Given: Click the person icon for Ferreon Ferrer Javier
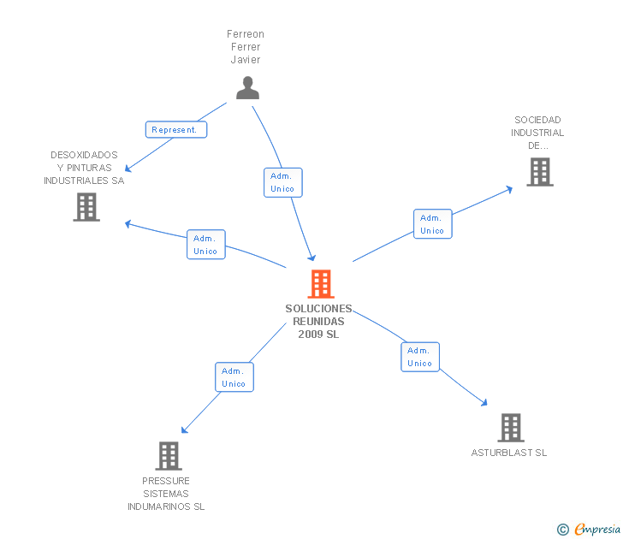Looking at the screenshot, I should click(247, 88).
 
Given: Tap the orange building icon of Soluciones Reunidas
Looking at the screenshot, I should click(320, 283).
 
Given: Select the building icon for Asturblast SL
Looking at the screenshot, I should click(510, 427).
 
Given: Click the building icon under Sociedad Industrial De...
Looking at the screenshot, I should click(539, 172).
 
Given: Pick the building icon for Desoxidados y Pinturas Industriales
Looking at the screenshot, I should click(86, 207).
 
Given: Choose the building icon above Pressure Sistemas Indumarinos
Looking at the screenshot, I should click(169, 455).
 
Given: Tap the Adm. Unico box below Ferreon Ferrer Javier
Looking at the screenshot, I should click(282, 182).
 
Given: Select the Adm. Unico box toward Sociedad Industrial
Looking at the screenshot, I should click(432, 224).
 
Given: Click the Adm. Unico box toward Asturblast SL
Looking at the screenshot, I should click(419, 357).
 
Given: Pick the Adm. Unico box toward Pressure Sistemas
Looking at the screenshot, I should click(234, 377).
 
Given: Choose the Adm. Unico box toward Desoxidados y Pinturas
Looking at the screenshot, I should click(205, 245).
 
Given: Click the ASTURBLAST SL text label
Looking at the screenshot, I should click(508, 453).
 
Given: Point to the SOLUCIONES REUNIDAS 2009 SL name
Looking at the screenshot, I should click(318, 321).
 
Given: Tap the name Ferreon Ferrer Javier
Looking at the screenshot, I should click(245, 47).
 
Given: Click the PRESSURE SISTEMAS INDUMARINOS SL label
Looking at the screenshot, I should click(166, 494).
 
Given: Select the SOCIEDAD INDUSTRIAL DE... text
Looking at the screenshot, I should click(537, 133).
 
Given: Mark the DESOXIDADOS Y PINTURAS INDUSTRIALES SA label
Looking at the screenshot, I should click(84, 168).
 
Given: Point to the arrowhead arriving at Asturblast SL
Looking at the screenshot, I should click(484, 403).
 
